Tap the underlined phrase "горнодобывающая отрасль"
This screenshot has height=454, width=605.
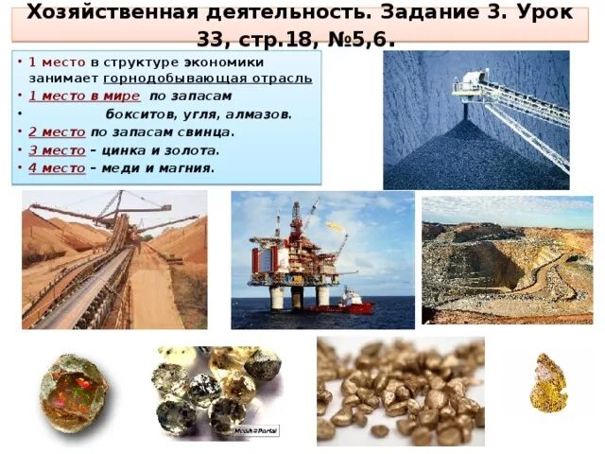pyautogui.click(x=208, y=78)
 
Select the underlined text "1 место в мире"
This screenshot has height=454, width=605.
pyautogui.click(x=84, y=96)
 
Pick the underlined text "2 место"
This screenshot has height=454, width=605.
pyautogui.click(x=58, y=131)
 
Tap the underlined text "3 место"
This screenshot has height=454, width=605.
pyautogui.click(x=58, y=149)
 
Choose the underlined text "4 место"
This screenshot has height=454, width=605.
pyautogui.click(x=58, y=167)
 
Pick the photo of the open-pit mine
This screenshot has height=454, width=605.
pyautogui.click(x=507, y=260)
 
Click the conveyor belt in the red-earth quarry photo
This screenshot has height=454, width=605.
pyautogui.click(x=90, y=284)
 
